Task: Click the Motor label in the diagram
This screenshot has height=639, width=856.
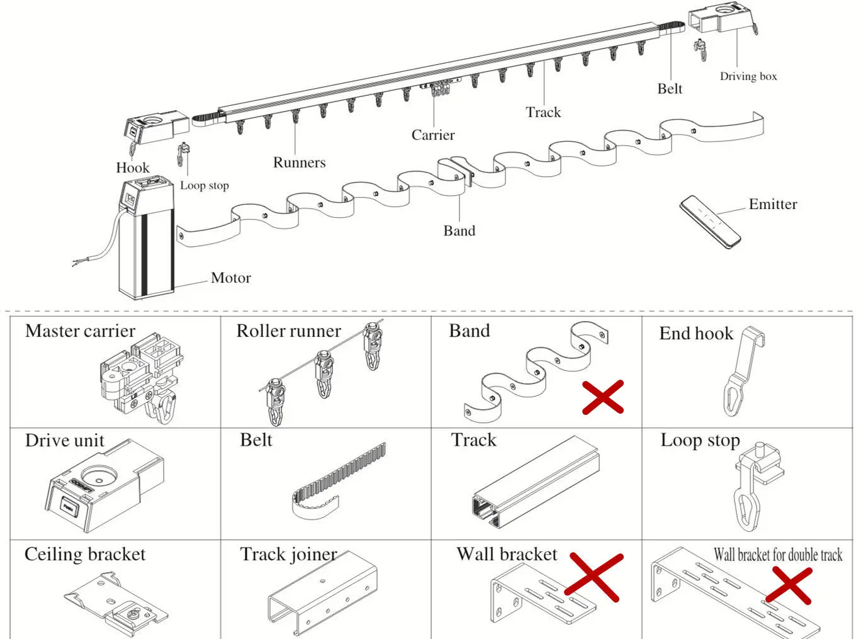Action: (230, 278)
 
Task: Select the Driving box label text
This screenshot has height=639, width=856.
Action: (748, 76)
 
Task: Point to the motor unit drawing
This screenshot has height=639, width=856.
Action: (145, 239)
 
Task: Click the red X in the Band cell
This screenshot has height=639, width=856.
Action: (602, 397)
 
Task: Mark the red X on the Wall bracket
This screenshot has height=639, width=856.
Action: (594, 577)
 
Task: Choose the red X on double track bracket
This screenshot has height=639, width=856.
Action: (789, 585)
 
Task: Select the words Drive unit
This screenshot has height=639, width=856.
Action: (64, 441)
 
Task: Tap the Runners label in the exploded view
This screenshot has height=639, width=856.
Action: (299, 162)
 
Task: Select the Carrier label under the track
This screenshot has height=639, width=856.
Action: (432, 135)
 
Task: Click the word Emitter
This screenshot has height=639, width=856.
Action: (772, 204)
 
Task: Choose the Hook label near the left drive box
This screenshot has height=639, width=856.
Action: (132, 167)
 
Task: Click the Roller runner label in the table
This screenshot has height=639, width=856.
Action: (288, 331)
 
